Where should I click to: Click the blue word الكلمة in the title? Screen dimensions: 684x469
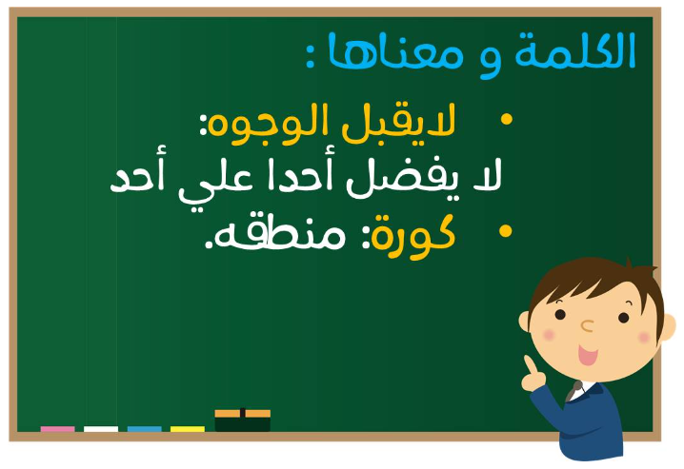tap(575, 50)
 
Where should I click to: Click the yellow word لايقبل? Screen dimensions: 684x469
tap(399, 120)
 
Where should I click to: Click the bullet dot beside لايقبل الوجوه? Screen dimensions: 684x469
tap(507, 119)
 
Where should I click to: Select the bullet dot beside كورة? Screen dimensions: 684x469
tap(506, 231)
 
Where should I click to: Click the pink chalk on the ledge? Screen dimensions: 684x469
tap(57, 429)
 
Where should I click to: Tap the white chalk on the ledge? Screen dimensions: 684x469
tap(101, 429)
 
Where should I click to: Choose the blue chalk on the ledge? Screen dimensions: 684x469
tap(145, 429)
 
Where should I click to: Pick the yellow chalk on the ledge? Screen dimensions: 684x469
tap(188, 429)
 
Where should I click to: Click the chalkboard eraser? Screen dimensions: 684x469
tap(243, 420)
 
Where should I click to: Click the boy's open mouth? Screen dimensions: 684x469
tap(587, 355)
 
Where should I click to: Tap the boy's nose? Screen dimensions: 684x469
tap(587, 325)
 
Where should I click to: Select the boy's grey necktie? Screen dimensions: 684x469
tap(573, 391)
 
